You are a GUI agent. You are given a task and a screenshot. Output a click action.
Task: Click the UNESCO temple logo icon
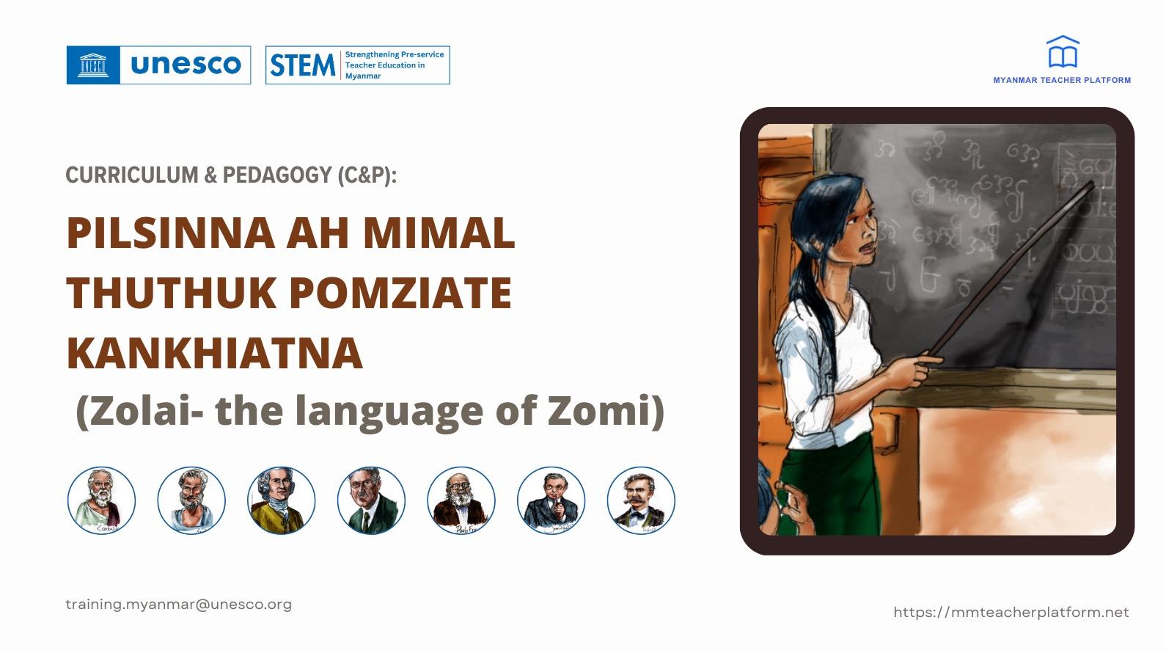coord(93,65)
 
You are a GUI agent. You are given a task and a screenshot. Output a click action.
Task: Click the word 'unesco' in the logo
coord(186,65)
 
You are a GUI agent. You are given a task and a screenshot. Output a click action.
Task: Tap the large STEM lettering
coord(302,65)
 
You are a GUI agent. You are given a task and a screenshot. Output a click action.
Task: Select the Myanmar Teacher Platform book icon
coord(1062,53)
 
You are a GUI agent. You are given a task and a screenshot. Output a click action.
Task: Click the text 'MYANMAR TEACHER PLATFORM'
coord(1061,80)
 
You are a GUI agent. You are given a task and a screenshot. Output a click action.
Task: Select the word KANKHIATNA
coord(215,353)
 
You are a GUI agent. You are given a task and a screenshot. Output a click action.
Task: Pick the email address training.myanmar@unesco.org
coord(178,605)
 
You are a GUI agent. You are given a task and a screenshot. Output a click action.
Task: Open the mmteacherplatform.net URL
coord(1011,613)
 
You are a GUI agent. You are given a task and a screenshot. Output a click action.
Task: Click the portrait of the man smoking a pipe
coord(551,500)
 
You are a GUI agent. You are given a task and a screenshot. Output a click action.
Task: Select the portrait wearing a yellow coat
coord(281,500)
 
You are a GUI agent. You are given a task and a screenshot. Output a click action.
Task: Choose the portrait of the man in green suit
coord(371,500)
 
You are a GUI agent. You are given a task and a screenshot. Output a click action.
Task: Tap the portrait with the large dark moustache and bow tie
coord(641,500)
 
